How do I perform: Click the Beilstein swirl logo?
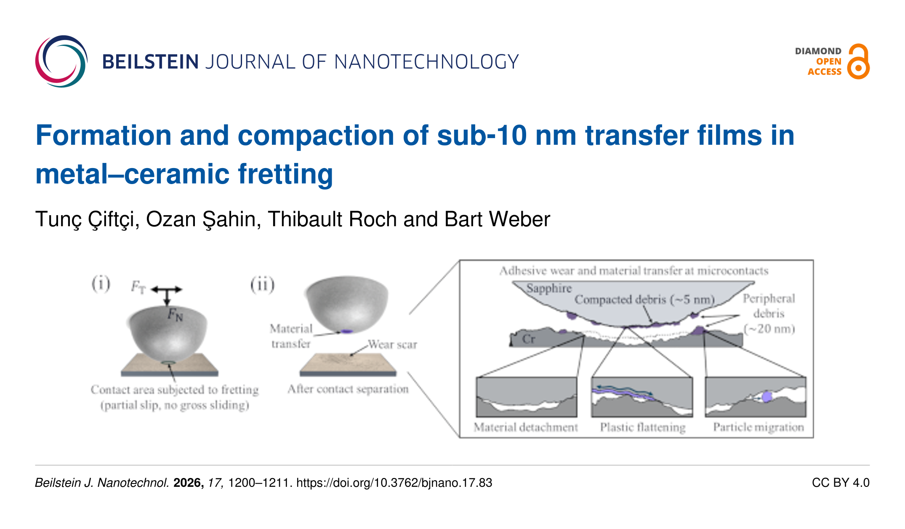tap(61, 61)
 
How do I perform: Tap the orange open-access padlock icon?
tap(858, 61)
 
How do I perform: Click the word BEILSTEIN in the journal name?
tap(150, 62)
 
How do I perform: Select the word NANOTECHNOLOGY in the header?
tap(426, 62)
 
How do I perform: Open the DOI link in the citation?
tap(394, 483)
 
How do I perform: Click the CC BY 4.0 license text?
tap(841, 483)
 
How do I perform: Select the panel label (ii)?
tap(262, 284)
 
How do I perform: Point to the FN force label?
tap(175, 314)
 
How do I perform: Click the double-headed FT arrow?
tap(167, 289)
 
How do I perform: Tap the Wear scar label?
tap(392, 345)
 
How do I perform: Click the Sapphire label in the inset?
tap(549, 288)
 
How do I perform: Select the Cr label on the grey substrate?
tap(528, 339)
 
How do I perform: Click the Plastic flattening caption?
tap(643, 427)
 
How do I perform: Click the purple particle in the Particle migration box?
tap(767, 397)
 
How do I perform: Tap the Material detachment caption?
tap(526, 427)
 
